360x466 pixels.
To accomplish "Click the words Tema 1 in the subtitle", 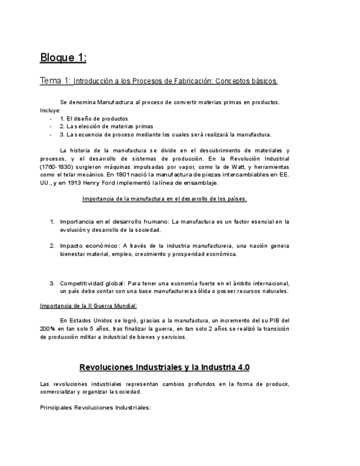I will tap(55, 81).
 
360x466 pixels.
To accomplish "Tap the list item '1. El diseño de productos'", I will tap(93, 118).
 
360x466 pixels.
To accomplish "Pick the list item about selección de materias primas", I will tap(98, 126).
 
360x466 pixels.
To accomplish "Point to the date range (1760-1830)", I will tap(58, 167).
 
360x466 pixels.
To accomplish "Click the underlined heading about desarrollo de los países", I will tap(164, 198).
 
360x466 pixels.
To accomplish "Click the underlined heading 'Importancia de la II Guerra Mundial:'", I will tap(88, 306).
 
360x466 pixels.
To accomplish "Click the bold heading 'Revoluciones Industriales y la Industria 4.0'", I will tap(164, 367).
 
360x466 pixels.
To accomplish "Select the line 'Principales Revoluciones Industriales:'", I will tap(96, 408).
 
